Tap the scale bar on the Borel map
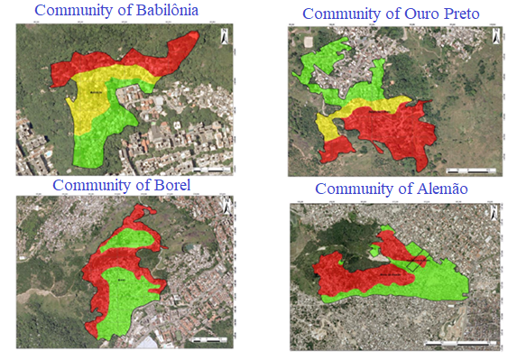coord(208,339)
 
